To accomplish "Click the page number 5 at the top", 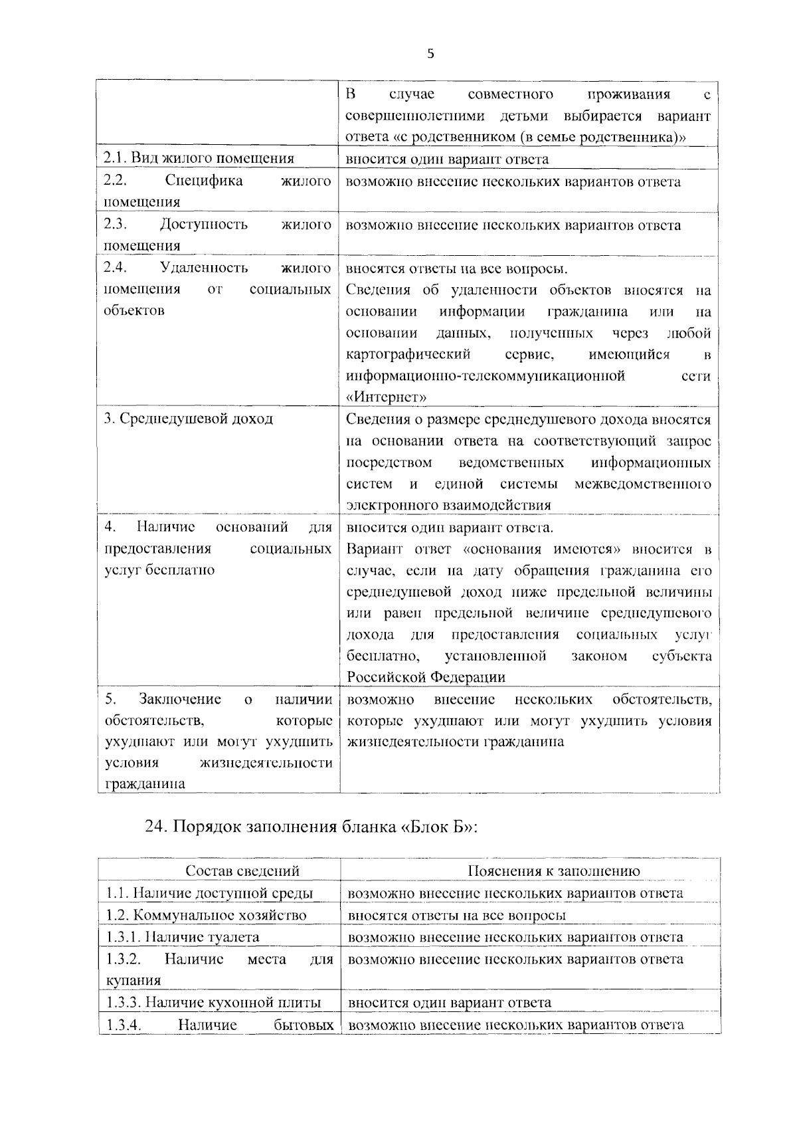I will (430, 54).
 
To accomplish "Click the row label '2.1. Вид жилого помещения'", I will (199, 159).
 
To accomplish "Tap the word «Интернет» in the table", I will (387, 397).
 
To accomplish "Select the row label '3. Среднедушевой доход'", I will (189, 419).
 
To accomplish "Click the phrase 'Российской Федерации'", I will (426, 677).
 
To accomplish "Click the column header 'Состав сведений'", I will (242, 871).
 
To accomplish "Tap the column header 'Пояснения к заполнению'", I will (554, 871).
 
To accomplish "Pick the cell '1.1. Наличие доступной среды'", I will (209, 893).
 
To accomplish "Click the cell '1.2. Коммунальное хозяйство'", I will (206, 915).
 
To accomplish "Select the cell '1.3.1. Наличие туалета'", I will (183, 937).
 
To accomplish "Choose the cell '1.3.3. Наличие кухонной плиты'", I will (213, 1002).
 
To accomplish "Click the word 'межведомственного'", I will (642, 483).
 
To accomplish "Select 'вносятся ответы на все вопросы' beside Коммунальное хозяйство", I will (457, 915).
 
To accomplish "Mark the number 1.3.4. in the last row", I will (124, 1025).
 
